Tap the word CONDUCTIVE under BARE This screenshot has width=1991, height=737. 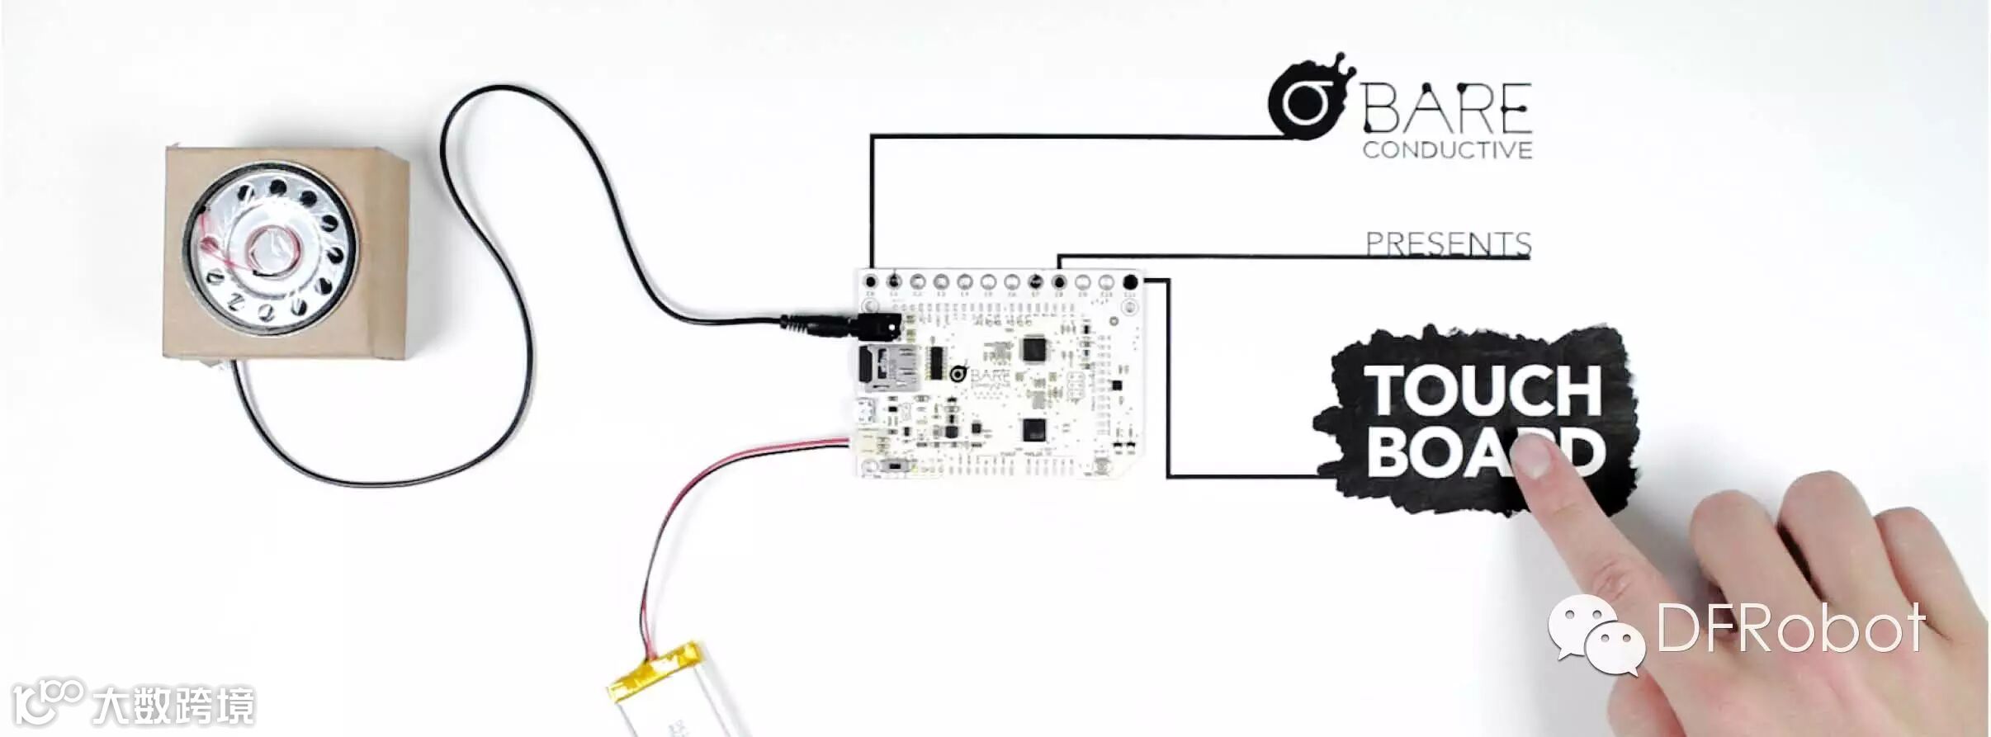(1447, 150)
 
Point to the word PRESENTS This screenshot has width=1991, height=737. (1448, 243)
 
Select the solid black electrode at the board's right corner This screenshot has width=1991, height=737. (1130, 283)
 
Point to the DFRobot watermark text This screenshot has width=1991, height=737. (1791, 629)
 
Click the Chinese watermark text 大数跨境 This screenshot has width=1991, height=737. (173, 706)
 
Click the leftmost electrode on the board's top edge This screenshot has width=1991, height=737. (869, 282)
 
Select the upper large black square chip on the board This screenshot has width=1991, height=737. (1033, 350)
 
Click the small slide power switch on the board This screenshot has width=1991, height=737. (896, 468)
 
